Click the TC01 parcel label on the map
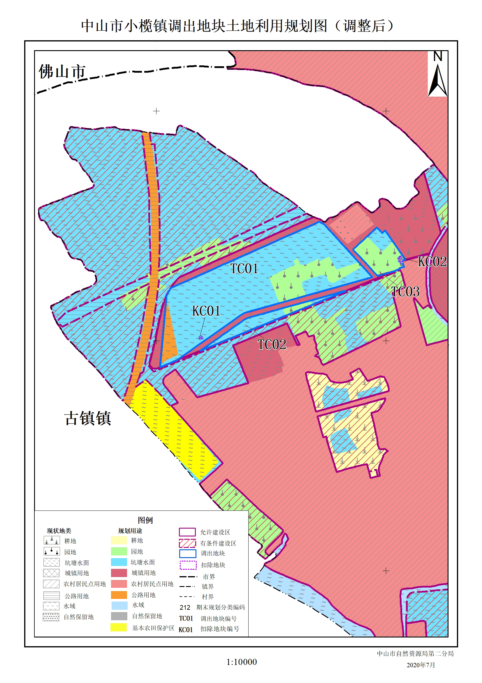[x=244, y=269]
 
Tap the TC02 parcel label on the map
[x=272, y=345]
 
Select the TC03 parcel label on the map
[x=405, y=292]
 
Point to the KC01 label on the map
[x=206, y=311]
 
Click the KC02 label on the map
[x=432, y=262]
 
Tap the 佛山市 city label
[x=62, y=72]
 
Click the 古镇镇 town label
[x=88, y=418]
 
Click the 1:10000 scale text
[x=242, y=662]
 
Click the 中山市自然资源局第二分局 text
[x=415, y=654]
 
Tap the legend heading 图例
[x=145, y=520]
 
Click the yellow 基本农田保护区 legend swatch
[x=119, y=627]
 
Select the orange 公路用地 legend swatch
[x=119, y=595]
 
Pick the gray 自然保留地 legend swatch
[x=119, y=616]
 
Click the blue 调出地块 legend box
[x=187, y=554]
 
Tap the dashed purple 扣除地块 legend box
[x=188, y=565]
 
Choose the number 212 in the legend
[x=185, y=607]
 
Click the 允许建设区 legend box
[x=187, y=532]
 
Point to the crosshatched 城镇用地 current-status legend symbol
[x=51, y=573]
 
